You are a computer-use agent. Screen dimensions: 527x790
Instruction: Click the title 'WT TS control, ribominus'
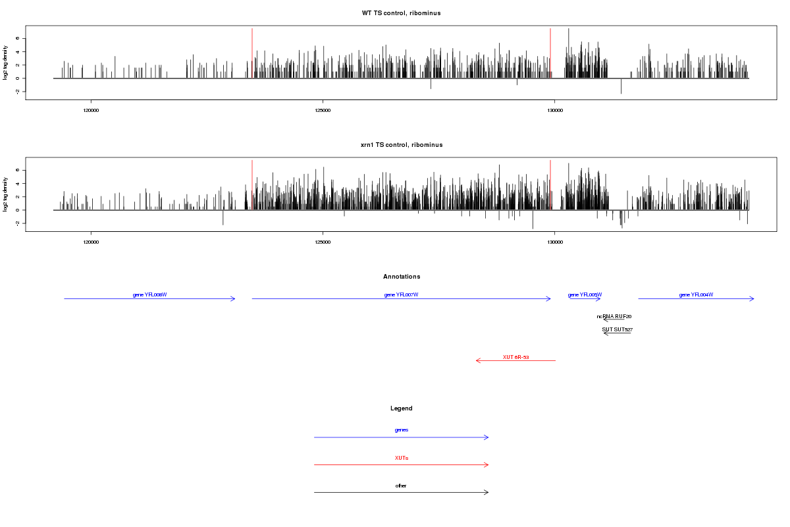click(401, 13)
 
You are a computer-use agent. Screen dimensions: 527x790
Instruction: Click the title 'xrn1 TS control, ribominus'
click(401, 145)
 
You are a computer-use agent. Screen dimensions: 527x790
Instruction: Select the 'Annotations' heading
click(401, 277)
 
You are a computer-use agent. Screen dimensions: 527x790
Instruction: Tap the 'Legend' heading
click(401, 408)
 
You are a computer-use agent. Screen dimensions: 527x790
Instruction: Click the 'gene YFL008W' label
click(149, 294)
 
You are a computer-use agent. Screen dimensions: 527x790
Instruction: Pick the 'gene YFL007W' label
click(401, 294)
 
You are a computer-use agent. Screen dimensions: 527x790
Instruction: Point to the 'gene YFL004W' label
click(696, 294)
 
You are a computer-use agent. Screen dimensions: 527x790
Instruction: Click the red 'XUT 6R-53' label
click(515, 357)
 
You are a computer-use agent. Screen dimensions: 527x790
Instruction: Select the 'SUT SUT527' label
click(617, 329)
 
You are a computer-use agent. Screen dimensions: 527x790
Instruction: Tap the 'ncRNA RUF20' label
click(614, 316)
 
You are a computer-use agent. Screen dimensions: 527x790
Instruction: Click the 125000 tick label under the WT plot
click(323, 110)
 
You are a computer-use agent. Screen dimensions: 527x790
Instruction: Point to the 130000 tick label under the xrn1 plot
click(555, 242)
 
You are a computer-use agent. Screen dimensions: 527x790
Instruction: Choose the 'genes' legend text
click(401, 430)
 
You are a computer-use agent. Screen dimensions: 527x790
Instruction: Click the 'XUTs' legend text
click(401, 457)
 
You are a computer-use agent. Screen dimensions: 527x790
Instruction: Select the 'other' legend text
click(401, 485)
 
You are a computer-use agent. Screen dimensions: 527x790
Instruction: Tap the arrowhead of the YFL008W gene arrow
click(234, 299)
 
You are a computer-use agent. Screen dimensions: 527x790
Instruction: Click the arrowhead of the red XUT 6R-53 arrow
click(477, 361)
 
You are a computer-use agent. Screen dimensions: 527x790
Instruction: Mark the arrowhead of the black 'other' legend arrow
click(488, 492)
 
